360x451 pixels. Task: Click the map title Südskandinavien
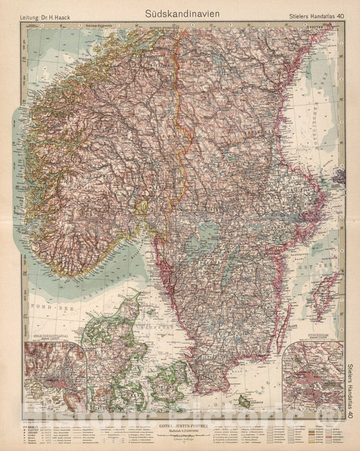tap(179, 12)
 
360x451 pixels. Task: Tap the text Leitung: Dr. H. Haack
tap(45, 13)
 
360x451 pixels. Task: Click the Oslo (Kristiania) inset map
tap(54, 375)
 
